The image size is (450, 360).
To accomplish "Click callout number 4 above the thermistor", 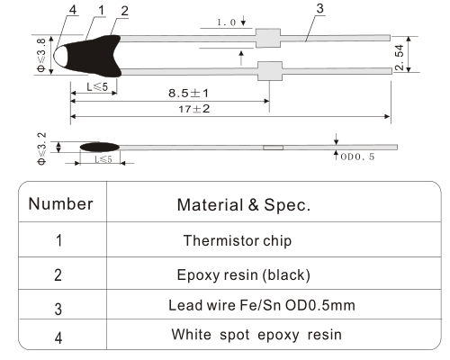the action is (73, 10).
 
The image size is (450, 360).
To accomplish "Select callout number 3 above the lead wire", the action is (320, 8).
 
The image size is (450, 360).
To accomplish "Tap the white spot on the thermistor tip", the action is (60, 56).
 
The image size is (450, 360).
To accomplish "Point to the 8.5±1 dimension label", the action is (188, 93).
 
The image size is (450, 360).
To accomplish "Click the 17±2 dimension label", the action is (194, 109).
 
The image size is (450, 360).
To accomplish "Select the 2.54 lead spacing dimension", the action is (400, 58).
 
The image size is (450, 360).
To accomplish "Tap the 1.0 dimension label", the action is (227, 22).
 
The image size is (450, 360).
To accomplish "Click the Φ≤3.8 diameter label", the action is (41, 55).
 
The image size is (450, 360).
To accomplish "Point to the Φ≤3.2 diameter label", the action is (41, 148).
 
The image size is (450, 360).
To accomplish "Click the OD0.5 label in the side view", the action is (357, 157).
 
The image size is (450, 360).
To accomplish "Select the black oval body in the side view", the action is (100, 147).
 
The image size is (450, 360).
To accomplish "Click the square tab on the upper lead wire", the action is (268, 38).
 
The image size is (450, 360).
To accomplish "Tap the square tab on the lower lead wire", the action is (270, 71).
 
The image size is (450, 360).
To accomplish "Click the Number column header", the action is (60, 204).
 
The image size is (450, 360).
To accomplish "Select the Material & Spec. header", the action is (244, 205).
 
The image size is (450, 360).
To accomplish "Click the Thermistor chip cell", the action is (238, 240).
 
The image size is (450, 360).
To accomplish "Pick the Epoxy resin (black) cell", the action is (244, 274).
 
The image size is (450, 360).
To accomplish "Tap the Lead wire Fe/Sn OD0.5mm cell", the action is (262, 305).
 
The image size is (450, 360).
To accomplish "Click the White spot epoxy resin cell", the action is (256, 335).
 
